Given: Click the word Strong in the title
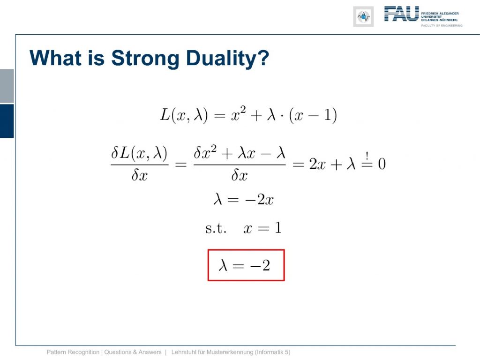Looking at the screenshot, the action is click(x=145, y=59).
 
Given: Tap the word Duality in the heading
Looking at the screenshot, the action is click(x=227, y=59).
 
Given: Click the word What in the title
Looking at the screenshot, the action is click(x=56, y=58).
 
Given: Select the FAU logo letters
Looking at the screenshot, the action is click(x=401, y=14).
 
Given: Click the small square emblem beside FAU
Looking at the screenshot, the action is click(x=363, y=16).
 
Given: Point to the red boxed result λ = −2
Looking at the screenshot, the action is click(x=246, y=265).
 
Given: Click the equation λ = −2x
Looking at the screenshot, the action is click(x=243, y=200).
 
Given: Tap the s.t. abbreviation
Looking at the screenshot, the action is click(x=216, y=228).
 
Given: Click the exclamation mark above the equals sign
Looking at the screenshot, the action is click(x=367, y=156).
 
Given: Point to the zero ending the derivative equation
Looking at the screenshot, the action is click(x=382, y=164).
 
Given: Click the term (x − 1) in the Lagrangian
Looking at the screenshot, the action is click(x=313, y=115).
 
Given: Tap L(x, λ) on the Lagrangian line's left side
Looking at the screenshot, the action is click(x=184, y=115).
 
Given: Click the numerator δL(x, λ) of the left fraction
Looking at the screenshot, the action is click(x=139, y=153).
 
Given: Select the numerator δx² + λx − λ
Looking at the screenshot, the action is click(x=240, y=152).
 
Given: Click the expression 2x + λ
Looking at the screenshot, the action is click(x=332, y=164).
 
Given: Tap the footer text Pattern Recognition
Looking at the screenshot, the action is click(x=73, y=352).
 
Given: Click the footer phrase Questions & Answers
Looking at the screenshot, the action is click(x=133, y=352).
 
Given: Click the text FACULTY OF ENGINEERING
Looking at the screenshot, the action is click(x=442, y=25).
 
